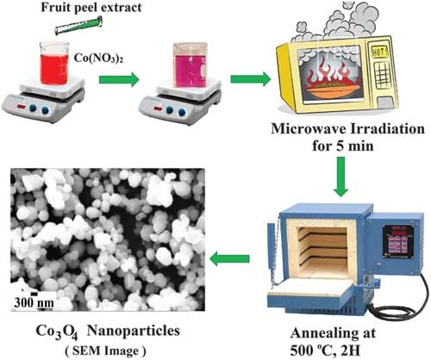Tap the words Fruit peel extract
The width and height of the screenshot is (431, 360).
pyautogui.click(x=91, y=8)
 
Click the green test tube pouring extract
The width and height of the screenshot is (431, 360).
pyautogui.click(x=78, y=26)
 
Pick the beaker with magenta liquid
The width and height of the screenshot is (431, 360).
pyautogui.click(x=190, y=65)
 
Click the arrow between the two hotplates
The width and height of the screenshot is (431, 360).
pyautogui.click(x=119, y=79)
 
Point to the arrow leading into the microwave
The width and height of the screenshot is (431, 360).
pyautogui.click(x=251, y=79)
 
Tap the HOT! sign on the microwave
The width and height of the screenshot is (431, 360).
pyautogui.click(x=379, y=52)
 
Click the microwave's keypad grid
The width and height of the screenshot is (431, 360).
pyautogui.click(x=382, y=74)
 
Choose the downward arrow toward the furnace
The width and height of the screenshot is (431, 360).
pyautogui.click(x=341, y=177)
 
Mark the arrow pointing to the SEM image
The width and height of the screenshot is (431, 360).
pyautogui.click(x=229, y=259)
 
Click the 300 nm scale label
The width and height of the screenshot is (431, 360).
pyautogui.click(x=34, y=303)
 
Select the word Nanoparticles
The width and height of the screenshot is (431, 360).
pyautogui.click(x=134, y=331)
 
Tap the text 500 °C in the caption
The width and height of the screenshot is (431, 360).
pyautogui.click(x=311, y=351)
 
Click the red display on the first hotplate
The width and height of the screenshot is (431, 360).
pyautogui.click(x=22, y=107)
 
